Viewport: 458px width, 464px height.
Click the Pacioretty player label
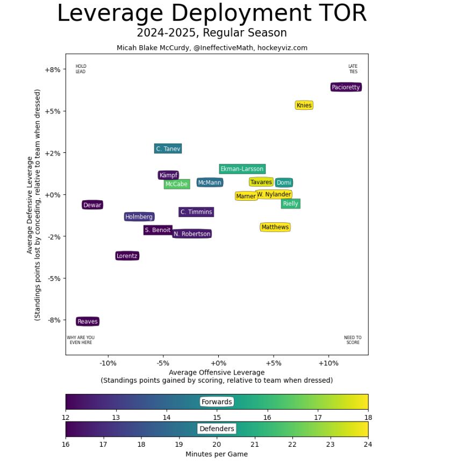tap(346, 87)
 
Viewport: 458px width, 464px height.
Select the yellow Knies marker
tap(304, 106)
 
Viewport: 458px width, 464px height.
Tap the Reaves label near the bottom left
tap(88, 321)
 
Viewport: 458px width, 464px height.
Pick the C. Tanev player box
tap(168, 149)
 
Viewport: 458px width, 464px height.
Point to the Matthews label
tap(275, 227)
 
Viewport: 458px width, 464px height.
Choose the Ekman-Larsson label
tap(242, 169)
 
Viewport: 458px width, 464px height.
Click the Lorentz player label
tap(127, 256)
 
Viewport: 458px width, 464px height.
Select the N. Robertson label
tap(192, 234)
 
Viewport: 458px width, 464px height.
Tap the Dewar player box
tap(92, 205)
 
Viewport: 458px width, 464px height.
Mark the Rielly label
tap(290, 203)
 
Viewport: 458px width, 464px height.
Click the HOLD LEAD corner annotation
tap(81, 69)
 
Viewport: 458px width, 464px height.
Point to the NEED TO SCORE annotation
tap(353, 340)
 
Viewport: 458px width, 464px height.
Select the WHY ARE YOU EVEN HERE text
tap(81, 340)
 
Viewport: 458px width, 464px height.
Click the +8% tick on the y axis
tap(52, 69)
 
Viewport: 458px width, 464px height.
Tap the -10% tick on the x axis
tap(108, 363)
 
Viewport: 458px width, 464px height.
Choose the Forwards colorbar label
tap(217, 402)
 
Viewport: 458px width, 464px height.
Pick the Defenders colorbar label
tap(217, 428)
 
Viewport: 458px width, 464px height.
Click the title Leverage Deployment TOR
tap(212, 13)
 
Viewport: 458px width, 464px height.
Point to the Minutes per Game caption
tap(217, 454)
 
